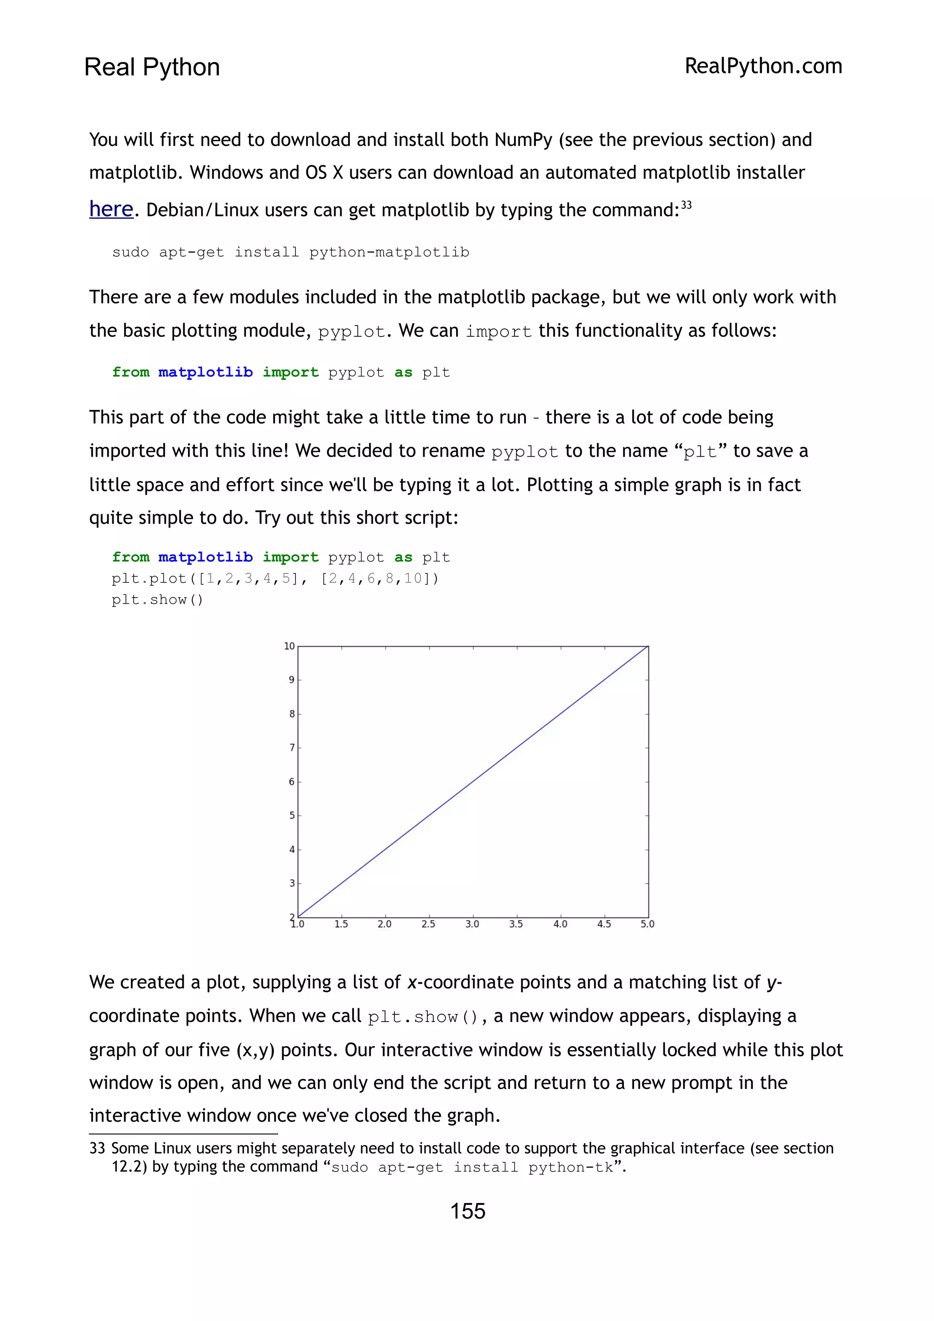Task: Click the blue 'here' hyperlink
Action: (x=111, y=209)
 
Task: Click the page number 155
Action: (x=467, y=1211)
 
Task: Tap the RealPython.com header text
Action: (x=763, y=66)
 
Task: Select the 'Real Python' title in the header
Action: (x=152, y=67)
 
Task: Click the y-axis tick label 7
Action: (x=292, y=748)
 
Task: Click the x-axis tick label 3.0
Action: (x=472, y=924)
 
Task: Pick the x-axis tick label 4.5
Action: (x=604, y=924)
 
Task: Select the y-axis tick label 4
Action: (x=292, y=849)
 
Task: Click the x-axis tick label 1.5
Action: (x=341, y=924)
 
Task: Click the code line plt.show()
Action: (x=157, y=599)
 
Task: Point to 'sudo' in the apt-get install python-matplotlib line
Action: (x=130, y=252)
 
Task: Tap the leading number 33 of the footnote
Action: (x=97, y=1148)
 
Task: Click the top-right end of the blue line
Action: (x=648, y=647)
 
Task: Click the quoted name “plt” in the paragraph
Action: (x=700, y=451)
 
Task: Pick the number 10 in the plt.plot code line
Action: (x=413, y=578)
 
